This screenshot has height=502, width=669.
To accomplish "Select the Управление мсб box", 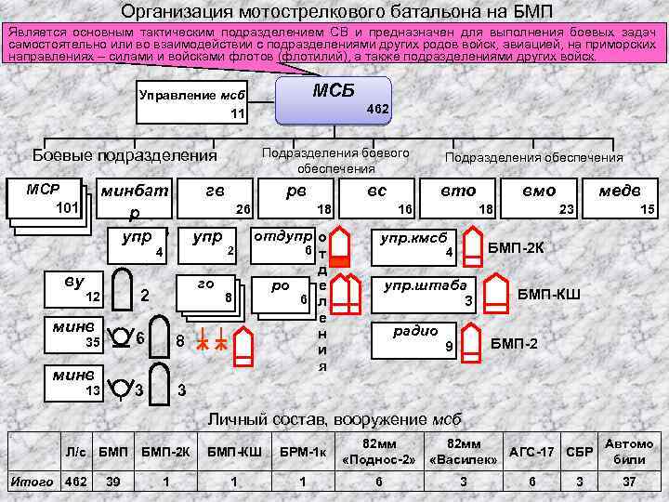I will [191, 104].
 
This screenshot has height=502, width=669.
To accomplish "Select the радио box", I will [410, 337].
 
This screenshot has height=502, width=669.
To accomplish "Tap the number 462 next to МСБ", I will [378, 109].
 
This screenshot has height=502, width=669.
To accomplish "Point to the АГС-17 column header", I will [532, 453].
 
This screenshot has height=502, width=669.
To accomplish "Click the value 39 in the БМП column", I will [113, 482].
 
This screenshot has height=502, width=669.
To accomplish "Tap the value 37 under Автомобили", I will [628, 482].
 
